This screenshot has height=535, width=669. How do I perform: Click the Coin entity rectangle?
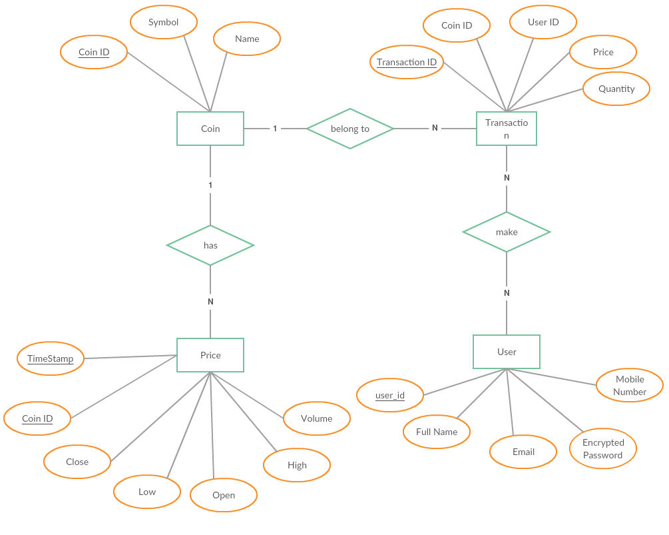[x=210, y=129]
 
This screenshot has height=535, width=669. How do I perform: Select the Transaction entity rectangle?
[x=507, y=129]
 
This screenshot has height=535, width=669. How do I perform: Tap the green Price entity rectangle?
[x=210, y=355]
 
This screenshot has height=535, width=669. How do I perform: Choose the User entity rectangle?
[x=507, y=352]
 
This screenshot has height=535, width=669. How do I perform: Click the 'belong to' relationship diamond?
[x=350, y=129]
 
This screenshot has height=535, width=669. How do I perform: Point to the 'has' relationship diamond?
[x=210, y=245]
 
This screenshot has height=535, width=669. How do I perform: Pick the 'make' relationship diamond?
[x=507, y=232]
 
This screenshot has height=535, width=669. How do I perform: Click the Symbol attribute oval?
[x=164, y=22]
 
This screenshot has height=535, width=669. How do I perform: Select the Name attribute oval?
[x=247, y=39]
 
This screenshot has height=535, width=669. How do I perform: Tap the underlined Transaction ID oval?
[x=407, y=62]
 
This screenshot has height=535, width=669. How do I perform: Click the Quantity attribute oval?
[x=616, y=89]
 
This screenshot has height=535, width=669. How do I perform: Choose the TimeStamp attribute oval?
[x=51, y=358]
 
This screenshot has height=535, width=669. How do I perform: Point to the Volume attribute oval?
[x=317, y=418]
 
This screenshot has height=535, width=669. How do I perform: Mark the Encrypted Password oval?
[x=603, y=448]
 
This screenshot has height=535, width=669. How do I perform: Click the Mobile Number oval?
[x=630, y=385]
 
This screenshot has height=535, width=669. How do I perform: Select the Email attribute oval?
[x=523, y=452]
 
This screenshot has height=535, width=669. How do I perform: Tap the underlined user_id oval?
[x=390, y=395]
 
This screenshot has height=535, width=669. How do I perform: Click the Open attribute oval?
[x=224, y=495]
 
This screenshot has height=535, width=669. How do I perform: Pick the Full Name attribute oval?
[x=437, y=432]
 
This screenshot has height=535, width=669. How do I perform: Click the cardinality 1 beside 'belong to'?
[x=275, y=129]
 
